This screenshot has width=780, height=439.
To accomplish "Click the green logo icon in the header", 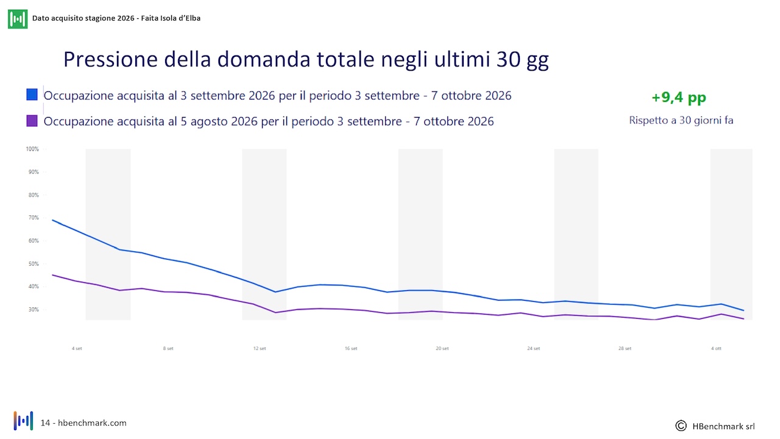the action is click(x=18, y=19).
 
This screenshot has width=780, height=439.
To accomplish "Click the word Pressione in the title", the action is click(x=111, y=60).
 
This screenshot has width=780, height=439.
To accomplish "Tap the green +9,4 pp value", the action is click(x=679, y=97).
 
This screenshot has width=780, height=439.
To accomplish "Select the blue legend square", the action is click(x=32, y=95).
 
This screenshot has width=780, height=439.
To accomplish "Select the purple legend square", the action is click(x=32, y=121).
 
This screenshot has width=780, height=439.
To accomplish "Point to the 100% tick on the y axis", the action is click(x=32, y=149).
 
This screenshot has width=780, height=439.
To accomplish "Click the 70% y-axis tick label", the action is click(x=34, y=218).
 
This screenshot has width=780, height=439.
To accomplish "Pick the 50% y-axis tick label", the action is click(x=34, y=264).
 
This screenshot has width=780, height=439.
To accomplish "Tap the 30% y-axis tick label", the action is click(x=34, y=309).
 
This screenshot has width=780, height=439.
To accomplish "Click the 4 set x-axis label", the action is click(x=77, y=348).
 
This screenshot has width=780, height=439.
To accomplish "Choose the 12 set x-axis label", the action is click(x=260, y=348).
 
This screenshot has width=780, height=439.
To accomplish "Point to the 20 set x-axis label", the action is click(x=442, y=348).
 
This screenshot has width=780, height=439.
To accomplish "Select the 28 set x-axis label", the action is click(x=625, y=348).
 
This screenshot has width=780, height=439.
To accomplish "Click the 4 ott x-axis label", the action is click(x=716, y=348).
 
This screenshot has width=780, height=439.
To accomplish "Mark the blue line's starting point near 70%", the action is click(x=52, y=220).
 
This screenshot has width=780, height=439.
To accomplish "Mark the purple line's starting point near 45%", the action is click(x=52, y=275).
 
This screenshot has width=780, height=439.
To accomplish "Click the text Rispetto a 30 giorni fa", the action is click(x=681, y=121).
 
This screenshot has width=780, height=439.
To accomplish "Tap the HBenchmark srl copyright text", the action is click(x=715, y=426).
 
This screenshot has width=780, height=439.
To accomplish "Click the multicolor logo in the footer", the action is click(x=23, y=421).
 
